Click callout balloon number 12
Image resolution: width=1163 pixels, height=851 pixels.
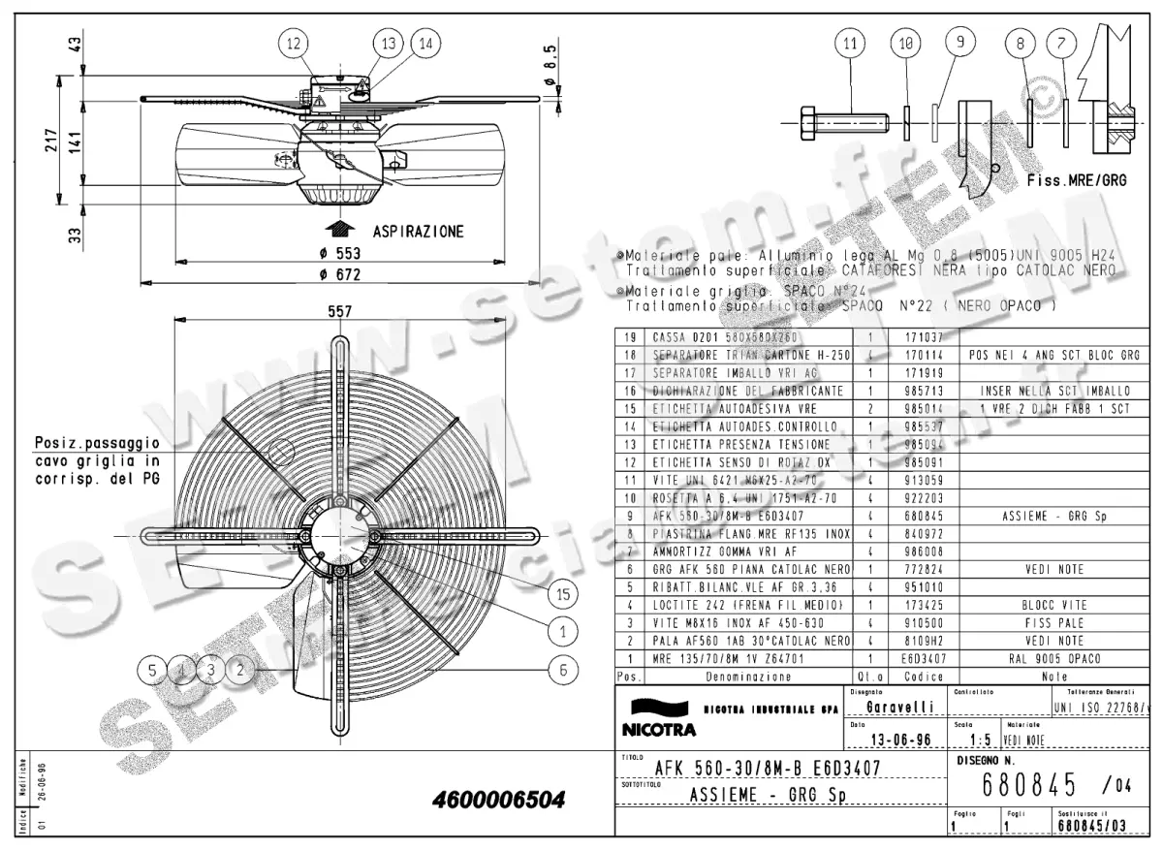[295, 44]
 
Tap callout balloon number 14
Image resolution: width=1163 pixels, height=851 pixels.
[424, 44]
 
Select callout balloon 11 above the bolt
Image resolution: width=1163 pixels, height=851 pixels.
[850, 44]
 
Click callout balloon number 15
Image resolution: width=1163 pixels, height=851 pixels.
[561, 592]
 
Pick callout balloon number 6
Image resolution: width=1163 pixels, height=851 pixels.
[561, 669]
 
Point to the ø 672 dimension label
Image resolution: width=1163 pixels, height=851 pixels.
[333, 275]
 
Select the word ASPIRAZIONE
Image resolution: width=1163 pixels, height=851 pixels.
[418, 232]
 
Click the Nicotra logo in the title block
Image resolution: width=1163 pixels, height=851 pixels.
[660, 717]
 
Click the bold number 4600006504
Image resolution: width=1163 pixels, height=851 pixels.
[500, 801]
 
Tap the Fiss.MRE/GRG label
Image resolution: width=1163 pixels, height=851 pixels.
[1076, 180]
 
